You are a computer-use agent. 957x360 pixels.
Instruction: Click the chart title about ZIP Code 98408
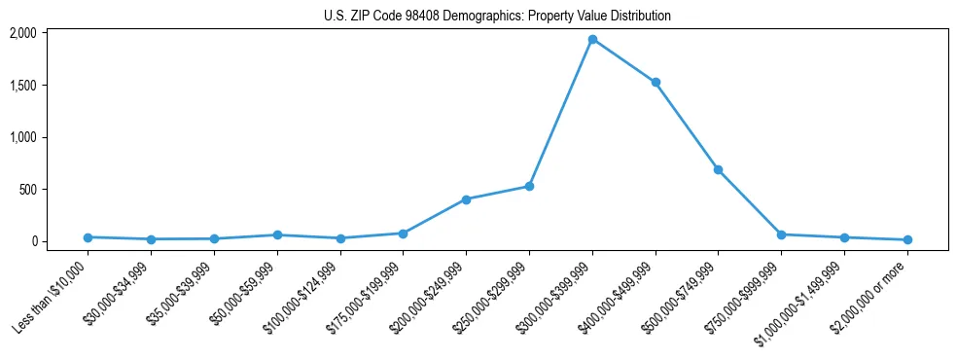[497, 17]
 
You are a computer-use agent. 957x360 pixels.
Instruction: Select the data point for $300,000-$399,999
[592, 40]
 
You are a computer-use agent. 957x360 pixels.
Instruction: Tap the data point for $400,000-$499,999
[656, 83]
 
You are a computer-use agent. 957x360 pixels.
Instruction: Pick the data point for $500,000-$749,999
[718, 169]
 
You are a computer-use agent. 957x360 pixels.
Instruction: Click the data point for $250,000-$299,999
[529, 186]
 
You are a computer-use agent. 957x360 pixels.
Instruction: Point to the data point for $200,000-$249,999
[466, 199]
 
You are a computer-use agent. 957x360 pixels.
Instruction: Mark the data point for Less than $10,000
[88, 237]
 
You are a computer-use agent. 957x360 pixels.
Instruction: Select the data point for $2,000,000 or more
[906, 239]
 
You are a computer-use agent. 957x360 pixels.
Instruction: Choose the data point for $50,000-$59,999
[277, 234]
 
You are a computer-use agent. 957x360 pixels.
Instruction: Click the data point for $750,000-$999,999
[781, 234]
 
